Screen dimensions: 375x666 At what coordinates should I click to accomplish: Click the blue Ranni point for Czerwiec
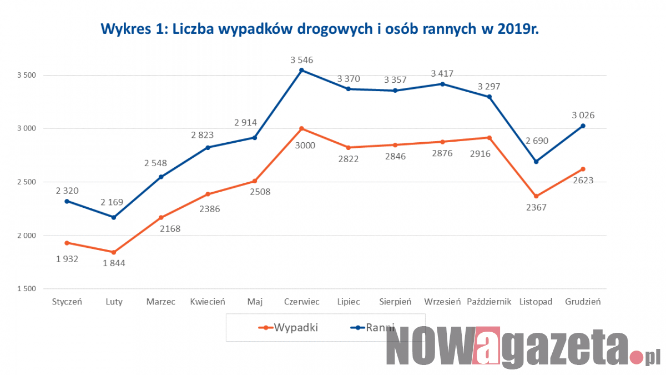[x=301, y=70]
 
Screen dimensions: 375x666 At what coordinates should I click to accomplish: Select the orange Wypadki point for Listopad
[x=536, y=196]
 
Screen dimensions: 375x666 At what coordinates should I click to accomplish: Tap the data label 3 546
[x=301, y=59]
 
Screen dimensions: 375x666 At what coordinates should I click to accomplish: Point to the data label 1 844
[x=114, y=263]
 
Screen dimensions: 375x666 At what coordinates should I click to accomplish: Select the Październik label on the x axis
[x=489, y=302]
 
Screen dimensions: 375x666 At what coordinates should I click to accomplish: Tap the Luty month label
[x=114, y=302]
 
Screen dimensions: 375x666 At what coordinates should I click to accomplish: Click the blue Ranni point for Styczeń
[x=67, y=201]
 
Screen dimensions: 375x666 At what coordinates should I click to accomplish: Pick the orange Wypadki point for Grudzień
[x=583, y=169]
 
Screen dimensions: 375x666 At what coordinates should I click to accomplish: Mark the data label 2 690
[x=536, y=141]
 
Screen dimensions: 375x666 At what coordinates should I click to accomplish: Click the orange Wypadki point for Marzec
[x=161, y=217]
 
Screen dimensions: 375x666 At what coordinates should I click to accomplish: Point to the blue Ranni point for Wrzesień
[x=442, y=84]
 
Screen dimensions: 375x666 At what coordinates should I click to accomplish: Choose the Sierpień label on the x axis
[x=395, y=302]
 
